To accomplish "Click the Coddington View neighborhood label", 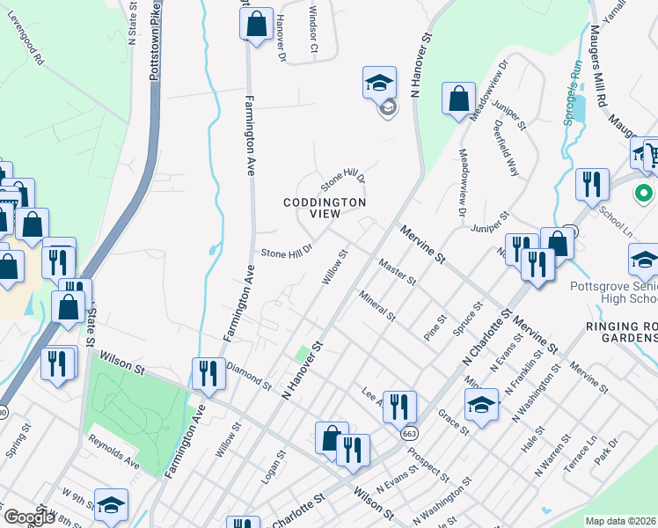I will tap(324, 208).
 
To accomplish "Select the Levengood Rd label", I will tap(26, 48).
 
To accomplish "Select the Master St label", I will tap(397, 270).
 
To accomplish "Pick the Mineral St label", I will tap(377, 304).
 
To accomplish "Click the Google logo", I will tap(29, 517).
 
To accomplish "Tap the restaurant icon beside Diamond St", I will tap(208, 372).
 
